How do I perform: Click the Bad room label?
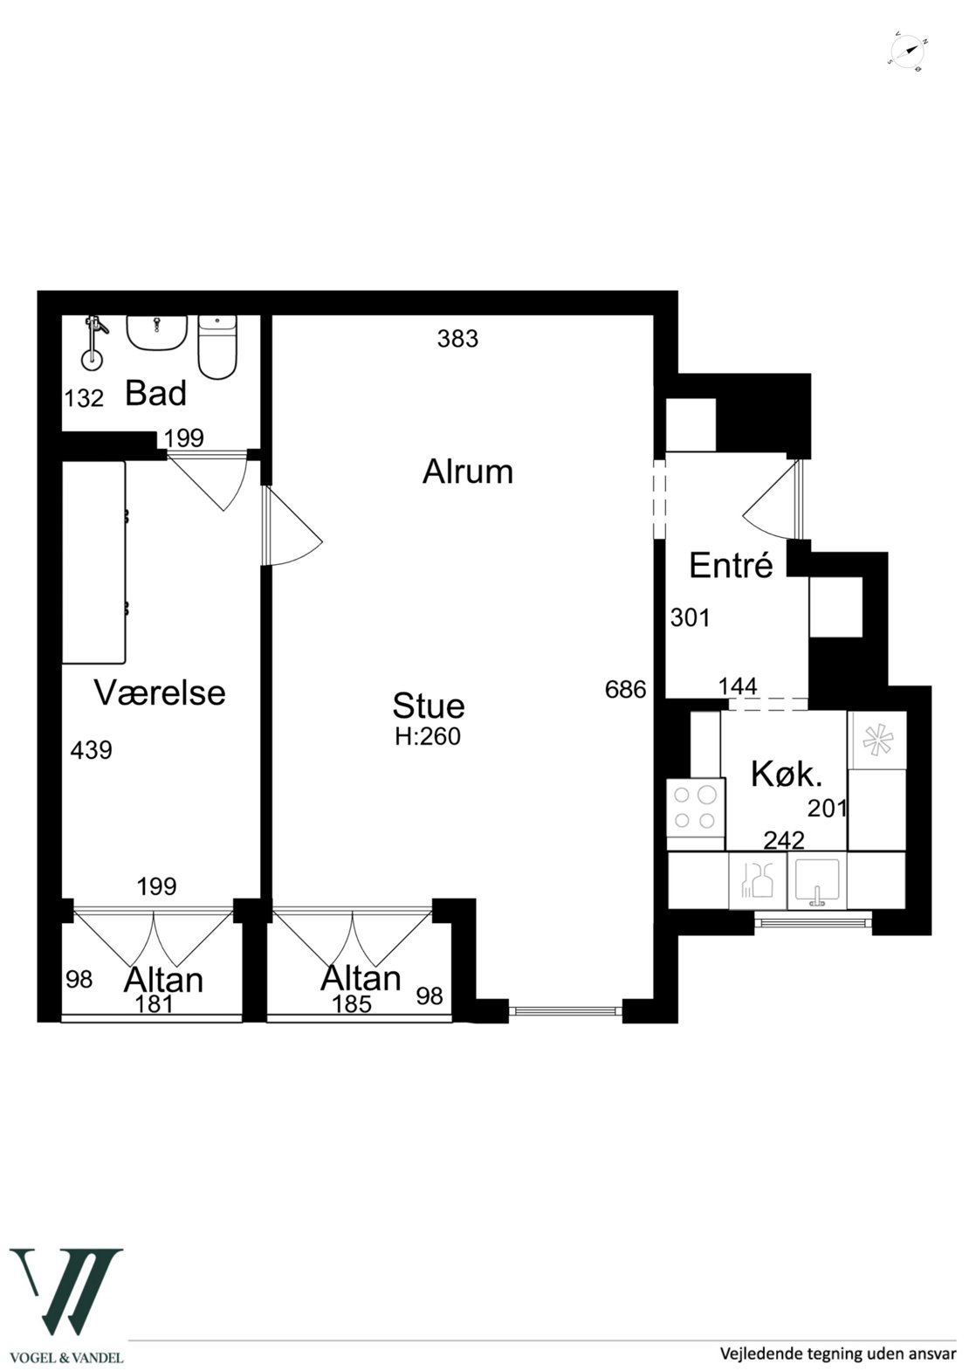click(155, 393)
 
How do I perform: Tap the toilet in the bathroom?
click(216, 347)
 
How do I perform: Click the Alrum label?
click(467, 472)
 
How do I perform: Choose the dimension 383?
click(457, 339)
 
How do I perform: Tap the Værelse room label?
click(160, 692)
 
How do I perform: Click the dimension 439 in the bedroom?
click(91, 750)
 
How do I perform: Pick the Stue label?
click(429, 706)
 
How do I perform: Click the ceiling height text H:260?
click(428, 736)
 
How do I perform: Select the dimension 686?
click(625, 690)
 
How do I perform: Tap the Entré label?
click(731, 565)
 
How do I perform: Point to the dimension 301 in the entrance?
click(690, 617)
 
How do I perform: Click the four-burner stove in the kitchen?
click(696, 810)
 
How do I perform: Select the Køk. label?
click(786, 775)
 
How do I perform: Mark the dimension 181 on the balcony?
click(154, 1003)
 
